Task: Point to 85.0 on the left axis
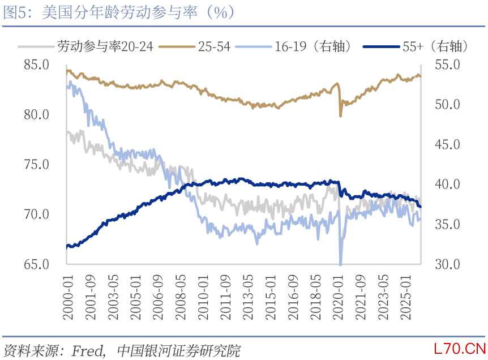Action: pyautogui.click(x=36, y=65)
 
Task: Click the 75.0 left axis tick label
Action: pyautogui.click(x=36, y=165)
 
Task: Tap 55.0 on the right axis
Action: pyautogui.click(x=444, y=65)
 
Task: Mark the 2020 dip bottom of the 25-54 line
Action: pyautogui.click(x=340, y=116)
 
